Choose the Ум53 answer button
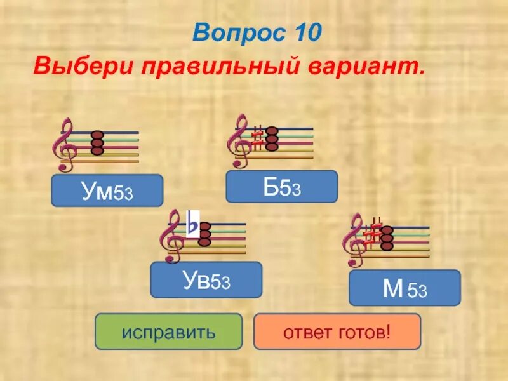107,190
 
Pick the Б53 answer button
282,187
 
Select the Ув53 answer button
206,279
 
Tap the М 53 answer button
404,288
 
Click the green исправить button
168,331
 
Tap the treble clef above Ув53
175,237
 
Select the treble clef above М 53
353,240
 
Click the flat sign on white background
192,225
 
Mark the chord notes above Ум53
97,144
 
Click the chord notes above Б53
272,139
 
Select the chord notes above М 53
387,237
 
